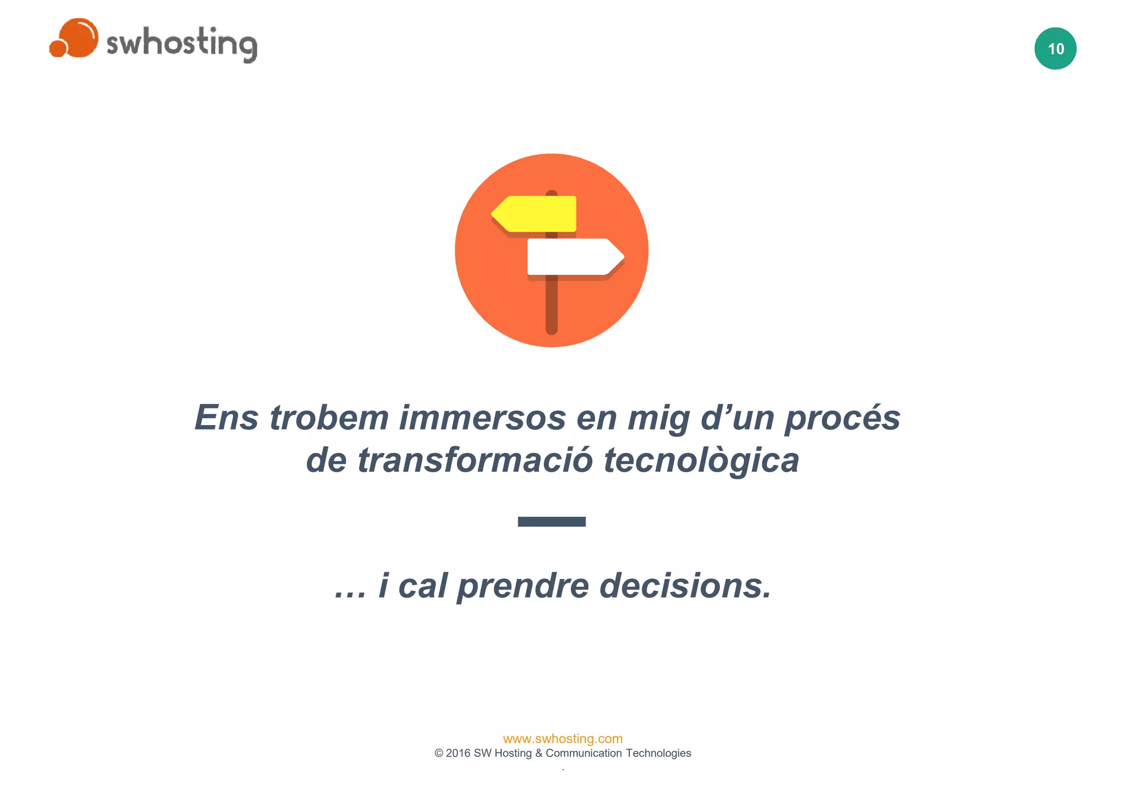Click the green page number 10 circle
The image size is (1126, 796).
tap(1055, 48)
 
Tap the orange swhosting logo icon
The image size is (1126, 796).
tap(75, 38)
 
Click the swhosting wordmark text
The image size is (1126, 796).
tap(181, 43)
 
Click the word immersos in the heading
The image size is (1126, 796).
tap(482, 417)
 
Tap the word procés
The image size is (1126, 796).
tap(842, 418)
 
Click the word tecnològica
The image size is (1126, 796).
tap(701, 461)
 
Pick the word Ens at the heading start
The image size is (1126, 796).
tap(226, 417)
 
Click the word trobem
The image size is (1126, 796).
tap(329, 417)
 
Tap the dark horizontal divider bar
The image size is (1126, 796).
tap(551, 522)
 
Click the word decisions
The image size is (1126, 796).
tap(685, 585)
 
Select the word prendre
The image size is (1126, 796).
tap(523, 587)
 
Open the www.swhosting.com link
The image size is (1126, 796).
tap(562, 738)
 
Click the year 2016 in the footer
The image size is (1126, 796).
tap(458, 753)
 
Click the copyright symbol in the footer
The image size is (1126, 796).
tap(439, 753)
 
